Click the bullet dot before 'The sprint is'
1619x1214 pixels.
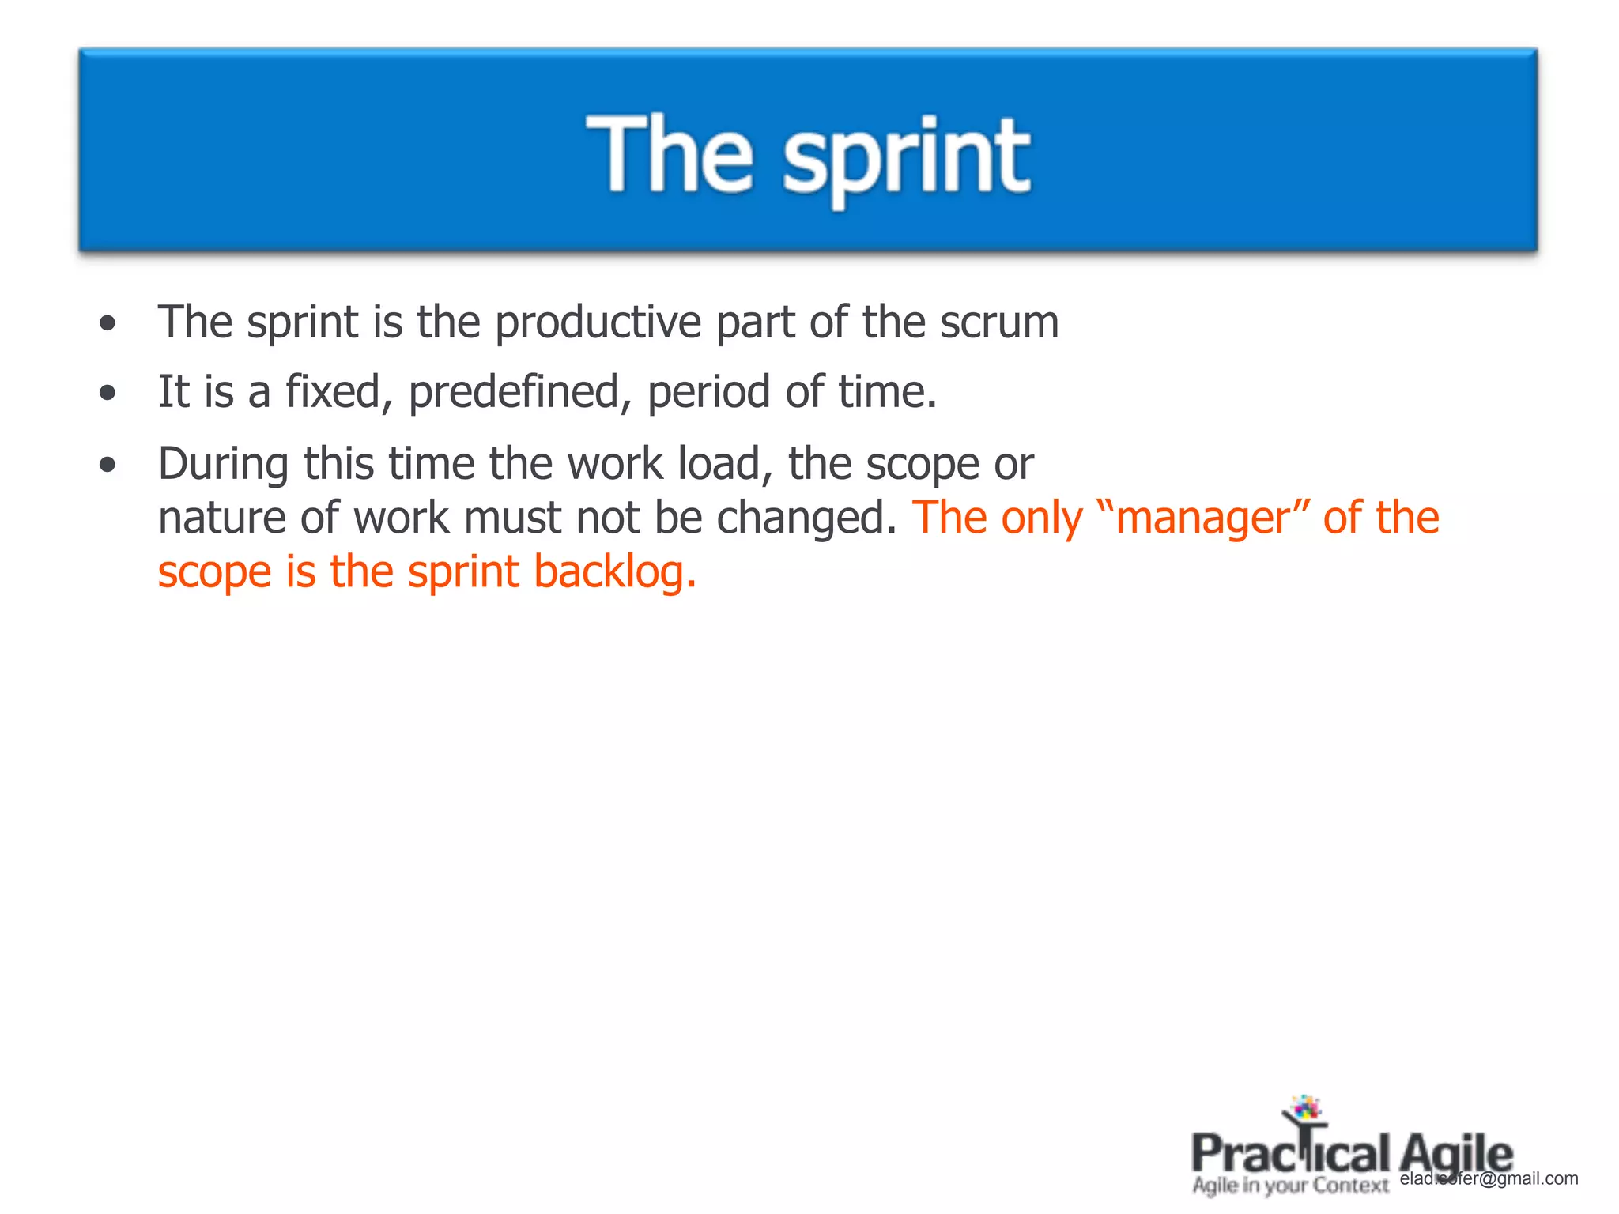pos(108,323)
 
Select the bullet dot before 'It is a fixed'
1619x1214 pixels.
pos(108,393)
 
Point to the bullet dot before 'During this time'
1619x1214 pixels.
pos(108,465)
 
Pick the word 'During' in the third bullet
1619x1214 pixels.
pos(223,464)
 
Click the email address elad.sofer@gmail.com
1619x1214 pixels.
pos(1489,1178)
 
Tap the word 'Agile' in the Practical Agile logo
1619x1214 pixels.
pos(1456,1154)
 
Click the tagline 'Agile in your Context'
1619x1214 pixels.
pos(1290,1186)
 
